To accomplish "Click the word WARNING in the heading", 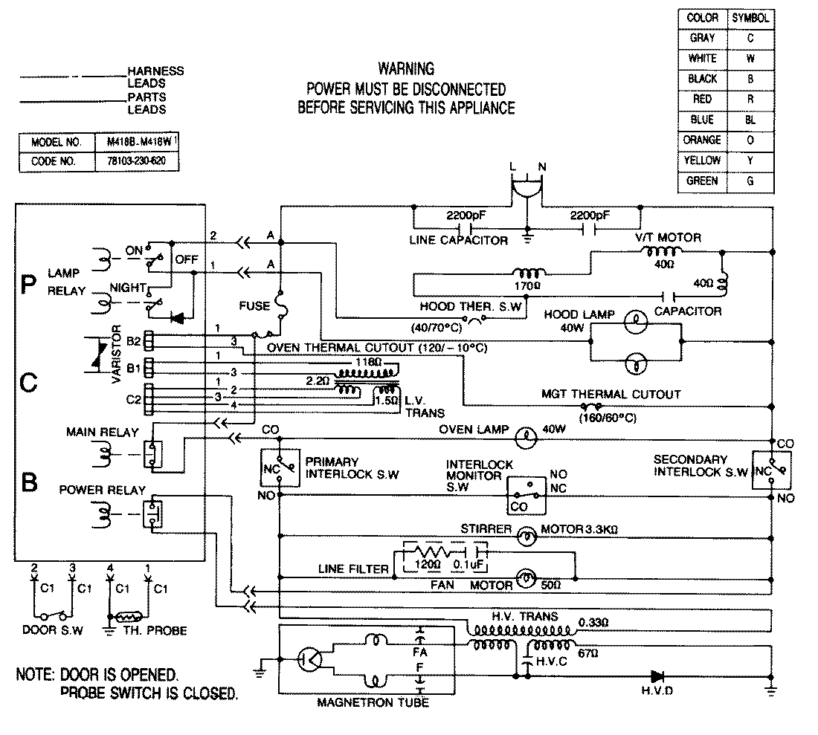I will pos(405,69).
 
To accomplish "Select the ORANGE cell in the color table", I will pos(702,140).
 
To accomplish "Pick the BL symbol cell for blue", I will pos(750,120).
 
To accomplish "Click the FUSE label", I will pos(254,305).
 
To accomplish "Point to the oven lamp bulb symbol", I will pos(527,438).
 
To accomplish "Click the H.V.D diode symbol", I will pos(657,676).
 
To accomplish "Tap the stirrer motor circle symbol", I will pos(527,534).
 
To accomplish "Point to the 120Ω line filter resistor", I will pos(429,554).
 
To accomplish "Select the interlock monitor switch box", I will pos(526,493).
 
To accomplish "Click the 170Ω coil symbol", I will pos(526,273).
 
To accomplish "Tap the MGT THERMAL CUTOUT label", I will pos(612,394).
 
